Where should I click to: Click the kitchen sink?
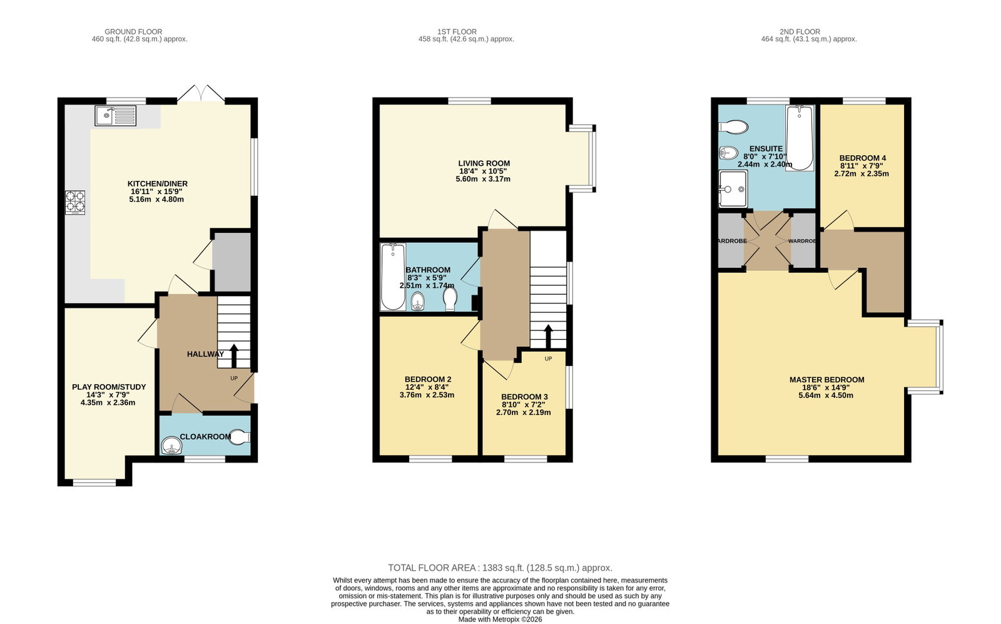(115, 116)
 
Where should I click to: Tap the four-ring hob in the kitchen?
(75, 203)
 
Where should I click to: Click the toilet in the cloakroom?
(240, 437)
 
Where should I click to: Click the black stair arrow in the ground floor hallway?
(233, 355)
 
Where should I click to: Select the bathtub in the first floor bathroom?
(394, 277)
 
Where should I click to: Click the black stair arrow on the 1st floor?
(548, 337)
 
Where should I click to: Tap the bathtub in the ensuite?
(800, 138)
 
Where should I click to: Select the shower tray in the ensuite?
(733, 189)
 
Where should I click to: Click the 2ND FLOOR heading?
(800, 32)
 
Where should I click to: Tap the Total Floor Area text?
(500, 568)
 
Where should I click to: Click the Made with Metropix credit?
(500, 620)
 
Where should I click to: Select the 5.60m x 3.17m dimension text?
(483, 179)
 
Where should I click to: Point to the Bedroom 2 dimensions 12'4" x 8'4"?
(427, 387)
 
